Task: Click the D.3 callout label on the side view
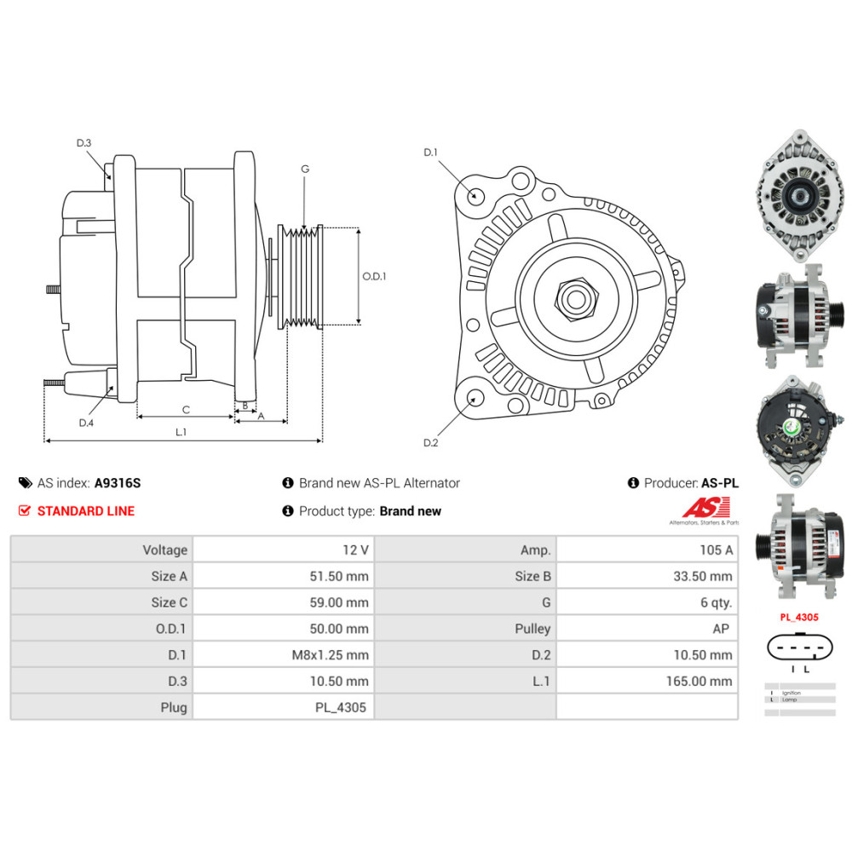(x=83, y=143)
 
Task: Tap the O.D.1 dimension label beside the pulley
(x=374, y=276)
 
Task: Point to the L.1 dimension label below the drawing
(x=181, y=432)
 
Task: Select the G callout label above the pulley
(x=304, y=169)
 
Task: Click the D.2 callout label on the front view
(x=430, y=443)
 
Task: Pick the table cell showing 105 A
(x=716, y=550)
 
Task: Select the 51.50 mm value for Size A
(x=340, y=577)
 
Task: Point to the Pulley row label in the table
(x=532, y=629)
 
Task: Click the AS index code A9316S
(x=118, y=483)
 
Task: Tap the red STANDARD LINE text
(x=85, y=511)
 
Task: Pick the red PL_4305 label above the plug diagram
(x=798, y=615)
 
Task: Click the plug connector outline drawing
(x=798, y=648)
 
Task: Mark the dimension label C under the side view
(x=186, y=409)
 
